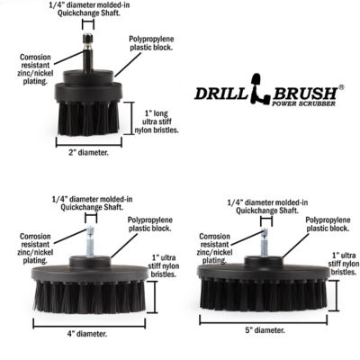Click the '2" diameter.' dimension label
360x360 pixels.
click(x=87, y=153)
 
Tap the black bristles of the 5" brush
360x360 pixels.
click(x=262, y=294)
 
